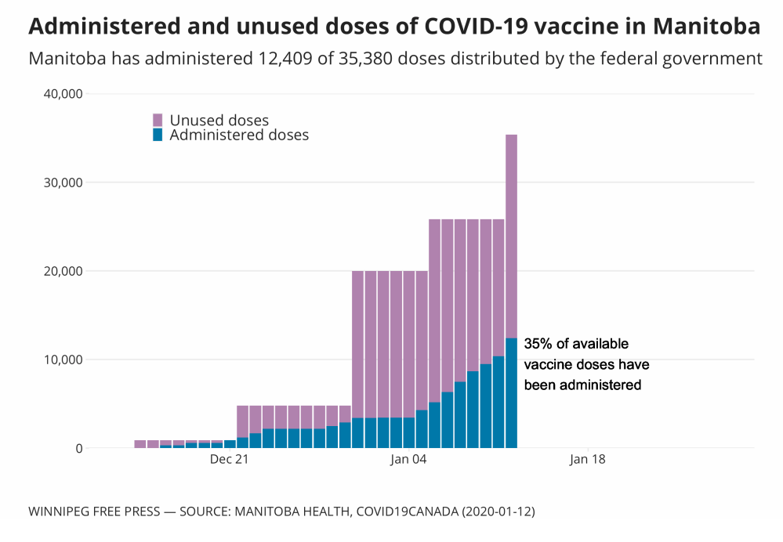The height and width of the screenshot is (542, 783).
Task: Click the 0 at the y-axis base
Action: pos(79,449)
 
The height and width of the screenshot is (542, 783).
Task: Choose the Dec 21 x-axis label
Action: pos(229,460)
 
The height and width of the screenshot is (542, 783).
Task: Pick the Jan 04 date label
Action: pos(408,460)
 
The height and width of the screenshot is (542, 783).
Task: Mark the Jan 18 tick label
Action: pos(588,460)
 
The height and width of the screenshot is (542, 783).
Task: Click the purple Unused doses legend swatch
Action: pos(158,120)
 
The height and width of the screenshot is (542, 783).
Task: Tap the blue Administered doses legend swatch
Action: pos(158,135)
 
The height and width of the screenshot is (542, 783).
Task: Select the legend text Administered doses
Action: pos(239,135)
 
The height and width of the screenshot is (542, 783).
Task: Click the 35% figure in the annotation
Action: pos(538,344)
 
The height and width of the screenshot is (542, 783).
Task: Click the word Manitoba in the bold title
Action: pos(705,27)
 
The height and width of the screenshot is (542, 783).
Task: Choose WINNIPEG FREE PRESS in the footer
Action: pos(89,511)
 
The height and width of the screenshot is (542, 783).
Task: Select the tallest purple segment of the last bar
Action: pos(511,236)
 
